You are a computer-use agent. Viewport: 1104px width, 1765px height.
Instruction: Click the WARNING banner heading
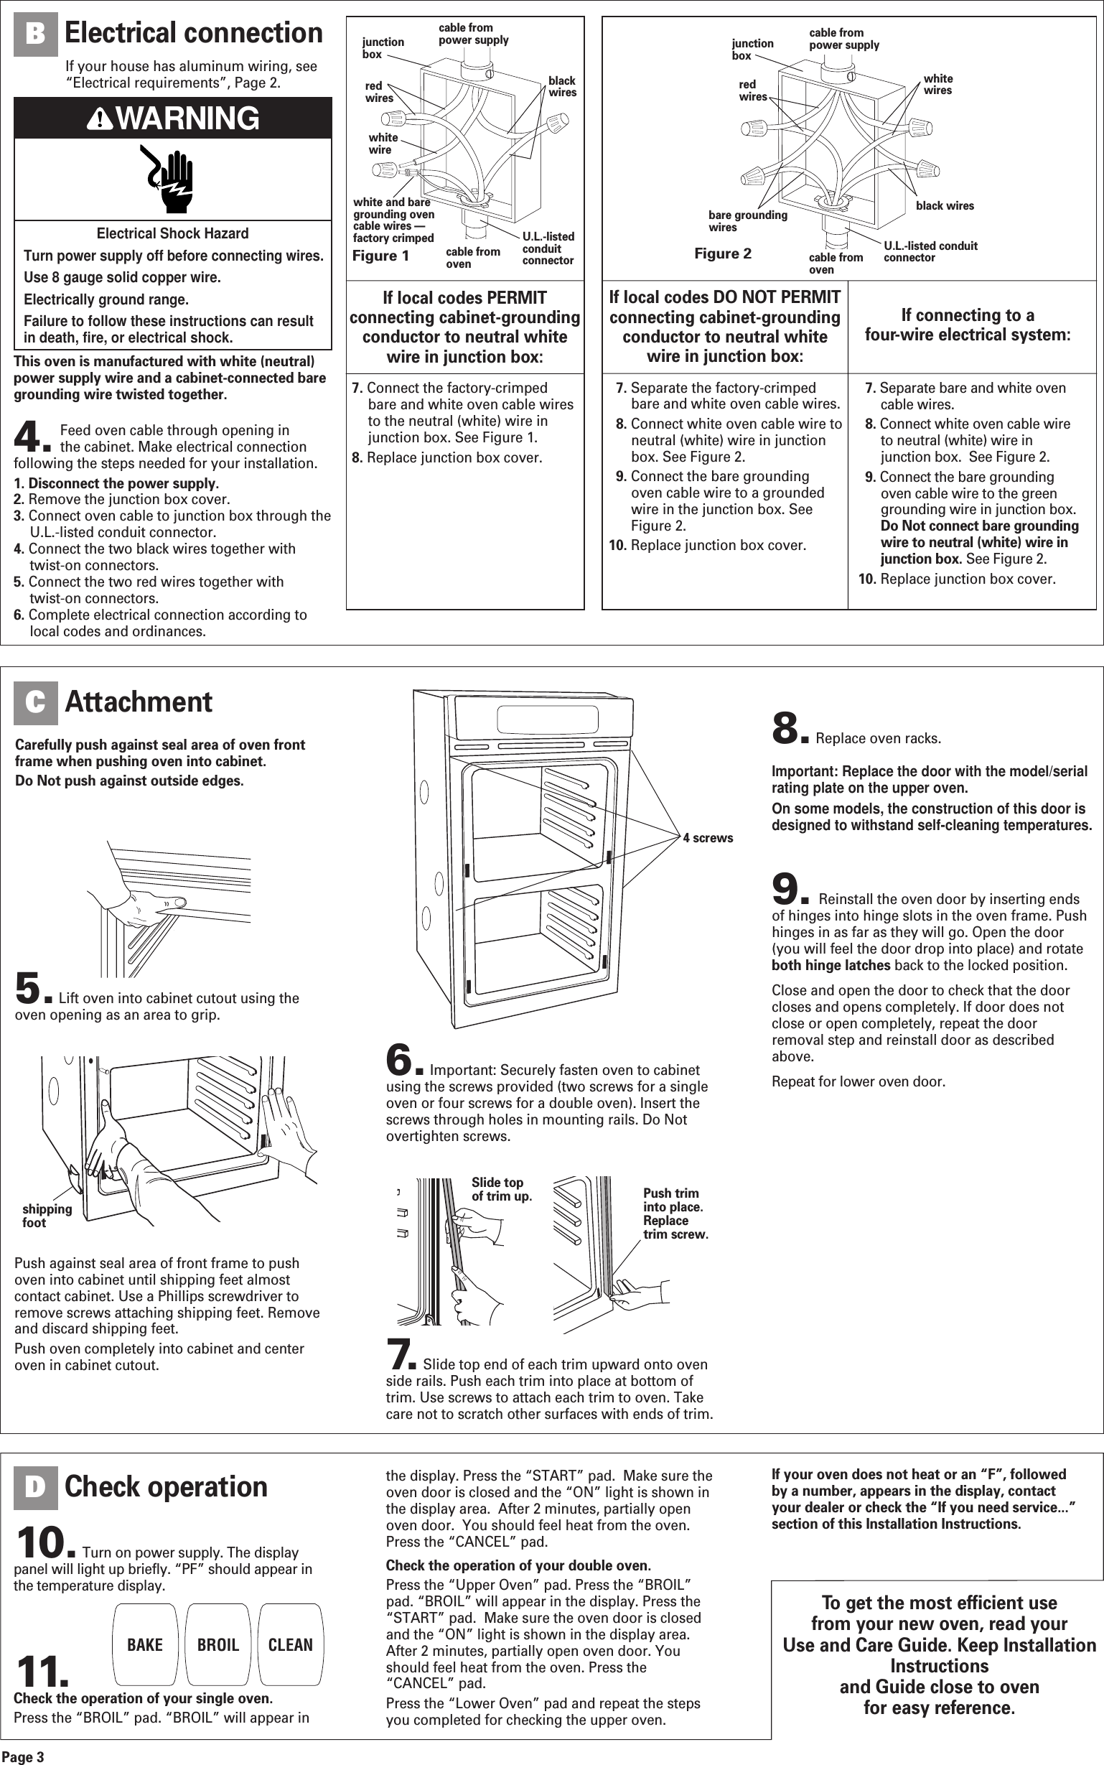173,118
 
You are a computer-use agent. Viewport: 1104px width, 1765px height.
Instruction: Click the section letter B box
35,35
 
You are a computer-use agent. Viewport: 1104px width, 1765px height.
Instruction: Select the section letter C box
35,702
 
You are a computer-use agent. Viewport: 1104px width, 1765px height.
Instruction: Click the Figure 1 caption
380,256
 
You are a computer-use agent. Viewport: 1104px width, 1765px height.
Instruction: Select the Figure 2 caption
722,253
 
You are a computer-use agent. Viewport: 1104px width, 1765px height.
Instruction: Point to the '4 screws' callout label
708,837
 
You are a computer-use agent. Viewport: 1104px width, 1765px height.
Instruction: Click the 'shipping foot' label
46,1216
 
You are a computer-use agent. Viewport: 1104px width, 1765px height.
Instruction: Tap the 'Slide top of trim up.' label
501,1189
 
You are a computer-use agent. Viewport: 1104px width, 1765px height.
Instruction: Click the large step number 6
398,1061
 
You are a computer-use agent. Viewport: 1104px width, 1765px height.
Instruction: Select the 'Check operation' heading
166,1487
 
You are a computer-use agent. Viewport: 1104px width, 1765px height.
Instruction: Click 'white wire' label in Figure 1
383,143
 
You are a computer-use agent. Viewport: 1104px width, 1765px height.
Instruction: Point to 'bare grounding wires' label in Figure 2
747,220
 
